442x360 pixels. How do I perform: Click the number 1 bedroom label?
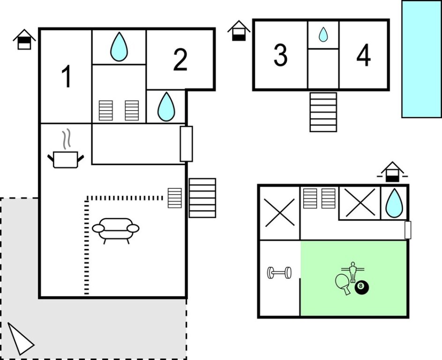click(x=66, y=76)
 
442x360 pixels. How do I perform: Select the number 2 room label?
click(x=180, y=60)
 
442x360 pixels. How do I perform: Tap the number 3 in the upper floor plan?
click(x=280, y=55)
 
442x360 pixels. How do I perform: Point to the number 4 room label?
click(x=363, y=55)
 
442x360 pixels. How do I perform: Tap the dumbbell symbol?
click(x=279, y=273)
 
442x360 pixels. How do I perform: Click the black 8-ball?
click(x=362, y=287)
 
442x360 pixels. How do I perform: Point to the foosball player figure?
click(x=352, y=272)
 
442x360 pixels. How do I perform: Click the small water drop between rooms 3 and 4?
click(x=323, y=34)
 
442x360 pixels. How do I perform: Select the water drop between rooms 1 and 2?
click(x=119, y=47)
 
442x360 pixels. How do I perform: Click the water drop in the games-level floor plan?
click(x=394, y=203)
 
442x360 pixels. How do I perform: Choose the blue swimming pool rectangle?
click(x=422, y=59)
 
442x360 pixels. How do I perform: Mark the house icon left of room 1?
click(x=24, y=39)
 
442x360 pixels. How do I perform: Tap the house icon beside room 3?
click(x=239, y=30)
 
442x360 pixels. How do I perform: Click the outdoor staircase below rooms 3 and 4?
click(x=323, y=112)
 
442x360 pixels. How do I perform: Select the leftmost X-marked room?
click(x=280, y=213)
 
